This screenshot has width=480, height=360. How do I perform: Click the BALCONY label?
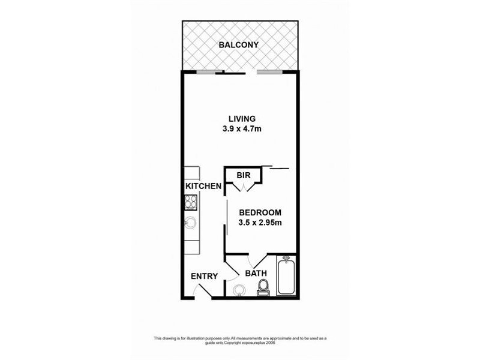point(239,45)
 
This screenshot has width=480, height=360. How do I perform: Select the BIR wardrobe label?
point(243,176)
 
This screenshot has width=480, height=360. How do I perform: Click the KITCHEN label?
point(203,187)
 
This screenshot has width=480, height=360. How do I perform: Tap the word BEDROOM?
point(260,213)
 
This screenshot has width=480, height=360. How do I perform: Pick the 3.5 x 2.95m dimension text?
point(260,223)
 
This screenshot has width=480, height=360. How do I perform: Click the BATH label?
point(256,274)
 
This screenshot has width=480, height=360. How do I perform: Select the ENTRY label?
point(203,277)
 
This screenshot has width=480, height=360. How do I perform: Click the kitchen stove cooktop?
point(191,203)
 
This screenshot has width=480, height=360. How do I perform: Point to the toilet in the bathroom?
point(263,289)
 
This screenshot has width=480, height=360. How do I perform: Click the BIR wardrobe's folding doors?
point(243,187)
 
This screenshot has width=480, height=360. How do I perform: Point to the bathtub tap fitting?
point(286,260)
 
